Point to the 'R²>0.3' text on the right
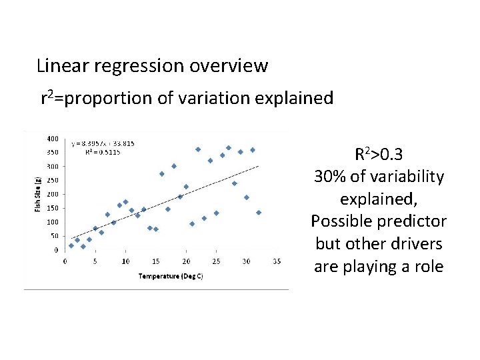[x=378, y=155]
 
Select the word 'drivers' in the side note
[x=414, y=244]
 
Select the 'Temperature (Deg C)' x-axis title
[x=170, y=276]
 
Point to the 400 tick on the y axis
[x=52, y=139]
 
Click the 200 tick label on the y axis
[x=52, y=194]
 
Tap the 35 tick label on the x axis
[x=277, y=261]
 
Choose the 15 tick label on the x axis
[x=155, y=261]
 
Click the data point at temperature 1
[x=71, y=245]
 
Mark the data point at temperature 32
[x=259, y=213]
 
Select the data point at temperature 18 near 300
[x=174, y=166]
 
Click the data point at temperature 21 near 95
[x=192, y=224]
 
